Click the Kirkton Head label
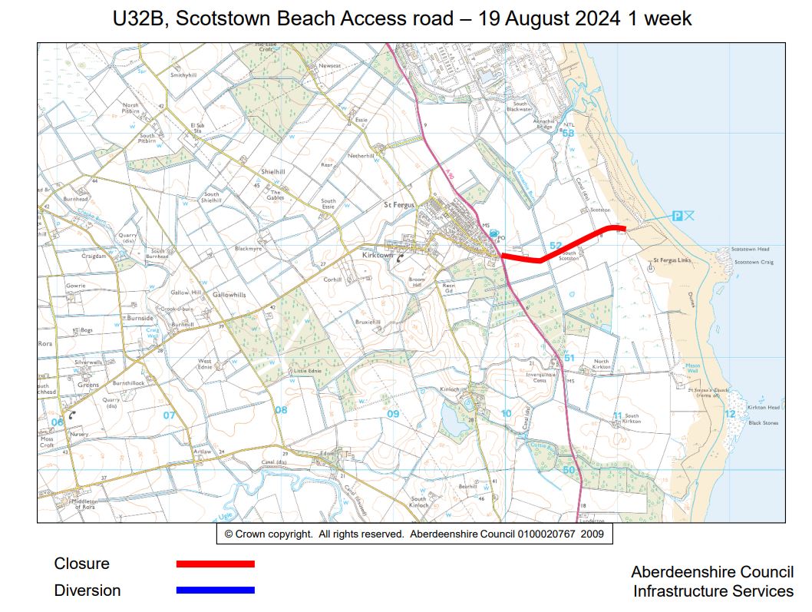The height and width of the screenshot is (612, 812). click(763, 408)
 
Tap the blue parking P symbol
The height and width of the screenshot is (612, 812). click(677, 217)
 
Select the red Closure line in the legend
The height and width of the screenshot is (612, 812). click(215, 564)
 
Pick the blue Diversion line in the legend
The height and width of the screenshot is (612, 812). click(215, 590)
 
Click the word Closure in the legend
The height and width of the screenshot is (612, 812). click(81, 564)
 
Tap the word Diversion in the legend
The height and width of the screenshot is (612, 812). click(87, 590)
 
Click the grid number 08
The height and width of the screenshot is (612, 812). click(281, 410)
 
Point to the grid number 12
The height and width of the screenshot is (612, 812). click(730, 414)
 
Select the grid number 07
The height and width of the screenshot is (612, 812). click(169, 415)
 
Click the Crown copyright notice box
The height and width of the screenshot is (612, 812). click(414, 534)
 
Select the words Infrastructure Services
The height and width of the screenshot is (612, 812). click(713, 591)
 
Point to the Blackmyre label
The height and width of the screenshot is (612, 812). click(248, 249)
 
